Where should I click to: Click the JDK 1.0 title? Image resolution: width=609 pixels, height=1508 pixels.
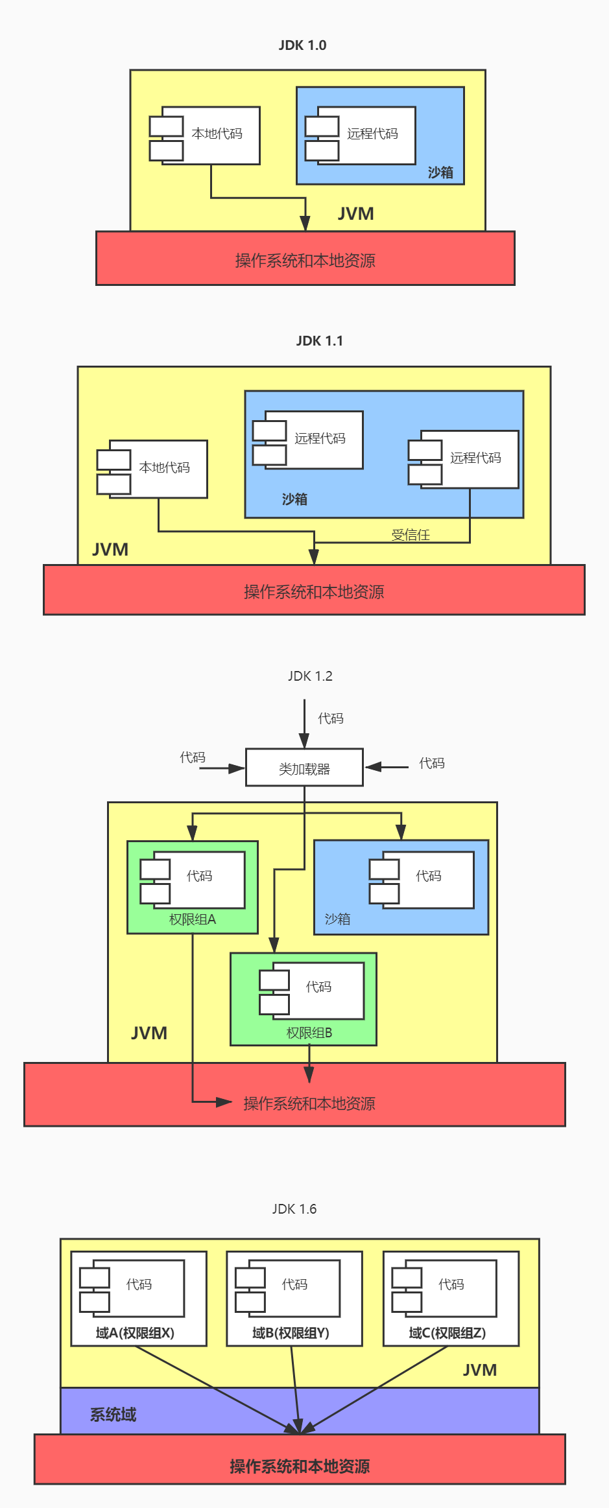click(x=302, y=45)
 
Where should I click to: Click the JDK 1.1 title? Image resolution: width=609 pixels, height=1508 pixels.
click(x=319, y=341)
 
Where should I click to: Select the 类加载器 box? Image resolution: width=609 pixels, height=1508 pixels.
click(x=304, y=768)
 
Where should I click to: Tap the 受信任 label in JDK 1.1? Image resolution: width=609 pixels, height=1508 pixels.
click(x=411, y=535)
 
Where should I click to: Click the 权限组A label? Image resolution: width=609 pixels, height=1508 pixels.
click(x=192, y=919)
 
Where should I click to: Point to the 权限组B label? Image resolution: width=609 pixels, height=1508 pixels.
click(x=309, y=1032)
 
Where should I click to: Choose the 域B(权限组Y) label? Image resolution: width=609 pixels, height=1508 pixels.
click(x=291, y=1332)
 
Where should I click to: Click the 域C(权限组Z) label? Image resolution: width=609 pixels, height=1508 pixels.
click(x=448, y=1332)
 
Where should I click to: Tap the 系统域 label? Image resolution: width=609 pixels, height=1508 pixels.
click(x=113, y=1415)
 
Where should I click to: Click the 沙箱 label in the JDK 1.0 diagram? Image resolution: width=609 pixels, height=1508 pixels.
click(x=440, y=172)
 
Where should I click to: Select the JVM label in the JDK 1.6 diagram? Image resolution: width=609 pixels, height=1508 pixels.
click(x=480, y=1370)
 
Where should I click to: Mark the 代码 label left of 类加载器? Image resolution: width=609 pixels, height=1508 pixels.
click(x=193, y=757)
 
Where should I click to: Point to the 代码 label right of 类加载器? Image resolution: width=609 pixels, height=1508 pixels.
click(x=432, y=763)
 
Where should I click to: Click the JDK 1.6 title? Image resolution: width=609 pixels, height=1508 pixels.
click(x=294, y=1209)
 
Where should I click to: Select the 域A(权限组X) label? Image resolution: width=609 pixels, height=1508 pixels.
click(x=135, y=1332)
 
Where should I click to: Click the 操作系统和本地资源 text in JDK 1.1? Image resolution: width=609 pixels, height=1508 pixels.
click(x=314, y=591)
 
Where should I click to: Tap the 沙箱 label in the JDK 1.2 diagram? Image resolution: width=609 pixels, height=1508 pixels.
click(x=337, y=919)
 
